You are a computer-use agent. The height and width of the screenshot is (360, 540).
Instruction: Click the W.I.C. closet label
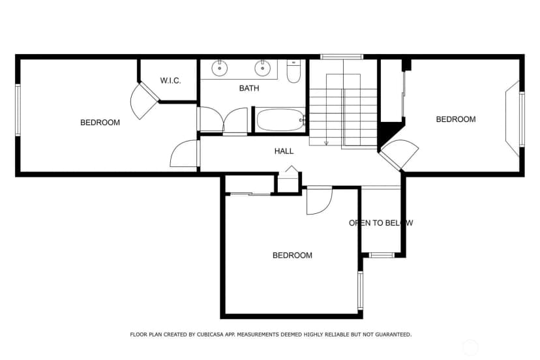[170, 81]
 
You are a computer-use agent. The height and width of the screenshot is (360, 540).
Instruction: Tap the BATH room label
[249, 88]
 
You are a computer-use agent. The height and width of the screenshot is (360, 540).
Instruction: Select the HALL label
[284, 151]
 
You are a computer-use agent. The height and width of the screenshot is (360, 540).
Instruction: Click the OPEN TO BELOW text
[381, 223]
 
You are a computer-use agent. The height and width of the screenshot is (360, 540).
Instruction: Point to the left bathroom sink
[219, 68]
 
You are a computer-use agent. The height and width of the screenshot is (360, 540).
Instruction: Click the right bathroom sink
[262, 68]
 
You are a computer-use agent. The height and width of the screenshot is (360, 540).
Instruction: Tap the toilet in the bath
[293, 71]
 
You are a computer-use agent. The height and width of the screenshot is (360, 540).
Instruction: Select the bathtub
[280, 120]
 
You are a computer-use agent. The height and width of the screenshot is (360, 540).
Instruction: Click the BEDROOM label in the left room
[100, 123]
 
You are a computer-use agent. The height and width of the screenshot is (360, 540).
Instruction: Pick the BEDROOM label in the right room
[456, 119]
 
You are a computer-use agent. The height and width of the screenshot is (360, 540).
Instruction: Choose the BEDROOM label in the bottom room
[292, 255]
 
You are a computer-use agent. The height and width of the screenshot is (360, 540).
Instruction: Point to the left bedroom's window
[18, 110]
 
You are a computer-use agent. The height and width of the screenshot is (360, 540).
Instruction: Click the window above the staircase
[342, 57]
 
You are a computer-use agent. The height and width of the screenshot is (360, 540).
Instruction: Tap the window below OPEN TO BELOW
[382, 255]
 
